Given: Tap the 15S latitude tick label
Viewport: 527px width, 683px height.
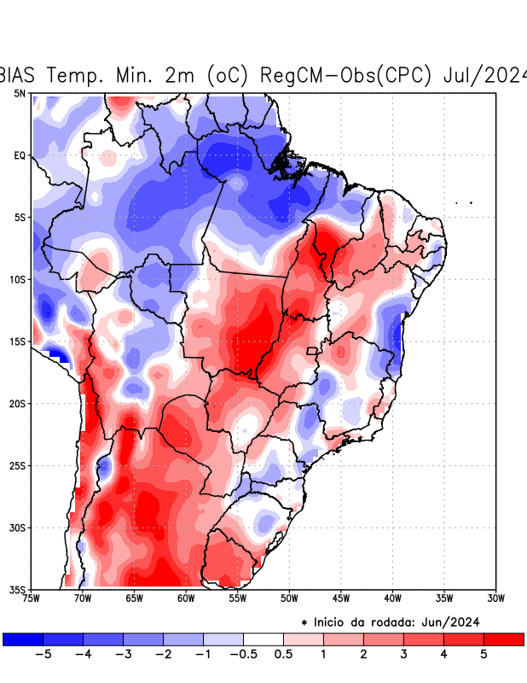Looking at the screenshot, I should (19, 341).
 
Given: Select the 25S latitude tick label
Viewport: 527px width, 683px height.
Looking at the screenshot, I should (19, 465).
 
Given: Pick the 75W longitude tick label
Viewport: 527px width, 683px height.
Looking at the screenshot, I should (32, 598).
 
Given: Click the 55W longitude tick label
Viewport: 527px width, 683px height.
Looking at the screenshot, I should (238, 598).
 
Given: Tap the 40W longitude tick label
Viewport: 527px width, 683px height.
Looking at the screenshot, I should (392, 598).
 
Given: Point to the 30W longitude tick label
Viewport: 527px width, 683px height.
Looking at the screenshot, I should (495, 598).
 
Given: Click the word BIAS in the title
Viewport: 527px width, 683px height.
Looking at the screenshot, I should (20, 75).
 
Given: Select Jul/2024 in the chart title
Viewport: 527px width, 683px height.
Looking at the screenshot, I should (485, 75).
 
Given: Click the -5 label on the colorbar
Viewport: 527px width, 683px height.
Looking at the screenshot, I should (43, 654).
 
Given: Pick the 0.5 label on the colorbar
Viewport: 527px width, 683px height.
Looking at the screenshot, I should (283, 654).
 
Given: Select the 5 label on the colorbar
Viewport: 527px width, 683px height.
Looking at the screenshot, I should (484, 654).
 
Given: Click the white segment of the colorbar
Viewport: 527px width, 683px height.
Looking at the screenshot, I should (263, 639).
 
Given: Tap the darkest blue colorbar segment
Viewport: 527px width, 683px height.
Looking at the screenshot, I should (23, 639).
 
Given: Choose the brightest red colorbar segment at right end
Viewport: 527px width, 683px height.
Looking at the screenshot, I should (503, 639).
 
